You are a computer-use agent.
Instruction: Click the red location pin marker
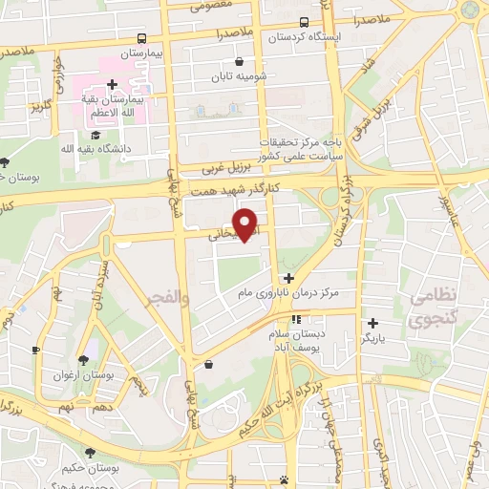(x=246, y=223)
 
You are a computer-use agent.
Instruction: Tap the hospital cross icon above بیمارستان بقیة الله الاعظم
(x=113, y=84)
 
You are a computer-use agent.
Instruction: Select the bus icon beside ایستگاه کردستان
(x=304, y=22)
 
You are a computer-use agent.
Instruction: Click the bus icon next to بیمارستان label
(x=141, y=39)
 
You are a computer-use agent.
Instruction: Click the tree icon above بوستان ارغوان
(x=83, y=360)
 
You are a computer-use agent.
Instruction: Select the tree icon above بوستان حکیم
(x=90, y=454)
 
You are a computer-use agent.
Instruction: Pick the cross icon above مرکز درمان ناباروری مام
(x=289, y=277)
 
